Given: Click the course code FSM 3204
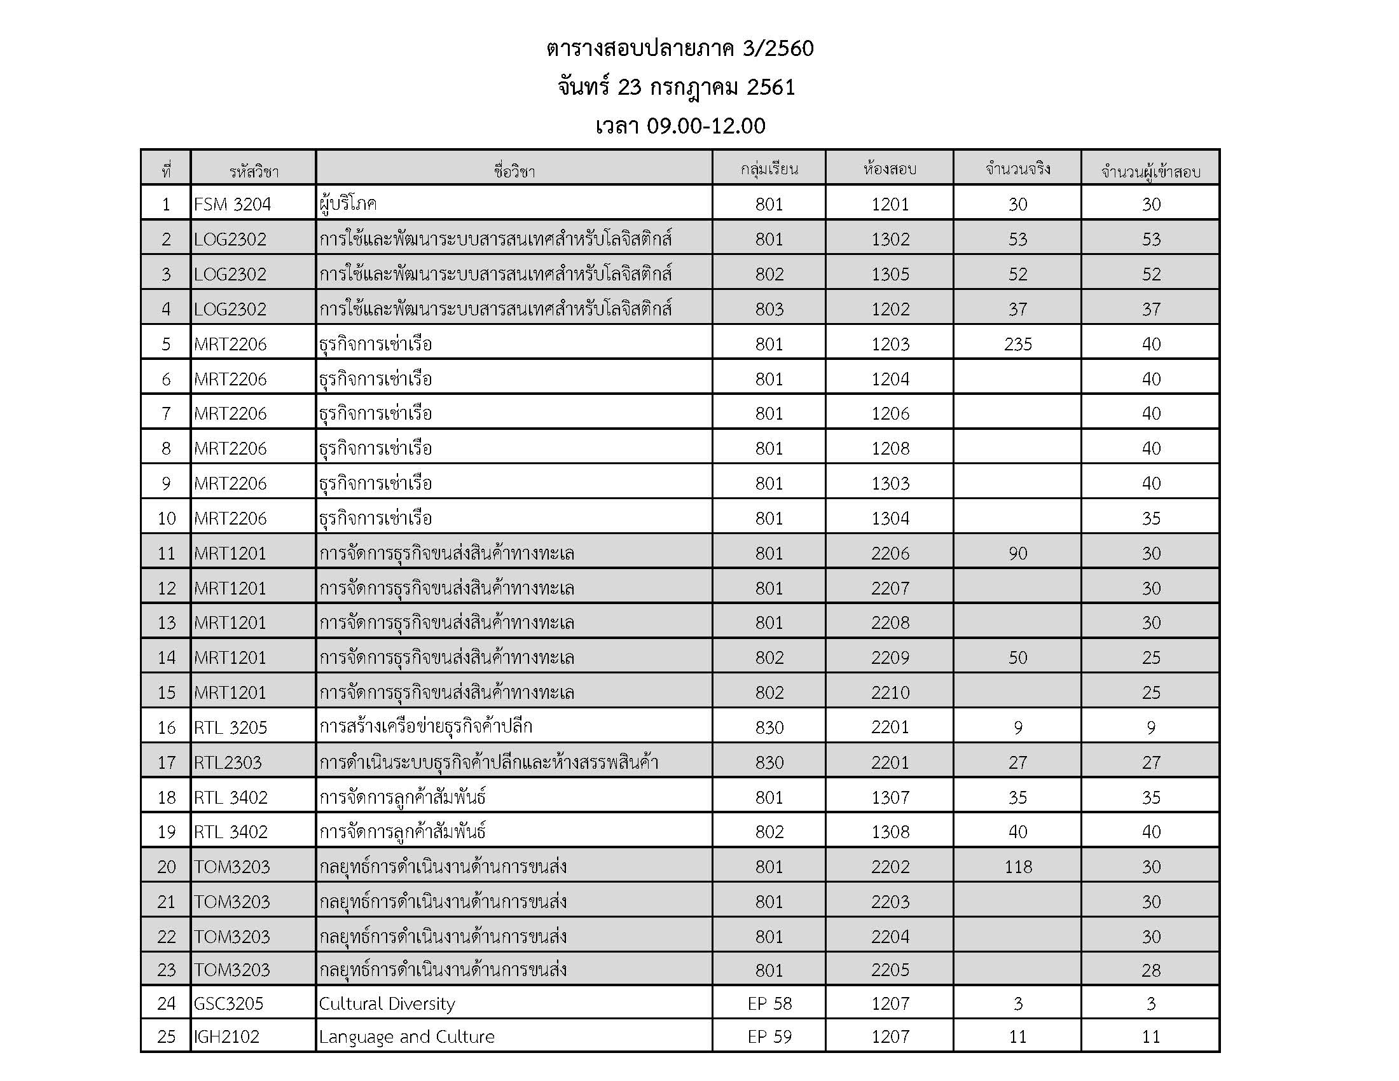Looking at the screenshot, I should pos(232,204).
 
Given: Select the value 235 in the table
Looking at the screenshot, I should pos(1017,345).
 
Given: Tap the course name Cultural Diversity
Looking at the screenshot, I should pos(386,1003).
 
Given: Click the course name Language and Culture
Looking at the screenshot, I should pos(406,1037).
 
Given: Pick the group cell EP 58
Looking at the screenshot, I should pos(769,1003).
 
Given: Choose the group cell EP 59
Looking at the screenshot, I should pos(769,1037).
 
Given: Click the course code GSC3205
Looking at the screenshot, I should pos(228,1003).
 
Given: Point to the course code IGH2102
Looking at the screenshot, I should pos(226,1037).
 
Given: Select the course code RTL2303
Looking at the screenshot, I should pos(228,762).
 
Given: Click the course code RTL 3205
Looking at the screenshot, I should pos(230,727).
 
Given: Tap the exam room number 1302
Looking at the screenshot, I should pos(890,240).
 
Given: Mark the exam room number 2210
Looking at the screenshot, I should pos(890,692).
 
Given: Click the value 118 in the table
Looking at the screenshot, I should pos(1017,867).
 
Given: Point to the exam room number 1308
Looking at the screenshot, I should pos(890,832).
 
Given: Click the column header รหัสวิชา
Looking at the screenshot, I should pos(254,171).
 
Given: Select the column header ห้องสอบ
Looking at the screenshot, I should pos(890,169).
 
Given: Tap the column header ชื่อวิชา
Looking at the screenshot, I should pos(514,171).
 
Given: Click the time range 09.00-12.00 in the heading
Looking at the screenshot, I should pos(705,126).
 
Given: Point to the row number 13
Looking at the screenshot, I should pos(166,623).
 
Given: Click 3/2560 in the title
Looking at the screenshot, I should pos(778,49).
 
